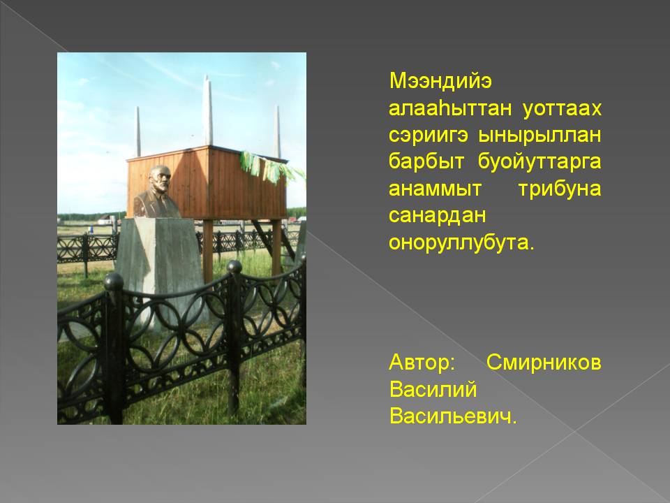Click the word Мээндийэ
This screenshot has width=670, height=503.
point(440,82)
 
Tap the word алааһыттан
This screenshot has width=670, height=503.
point(450,109)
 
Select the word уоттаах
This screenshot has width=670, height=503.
point(562,109)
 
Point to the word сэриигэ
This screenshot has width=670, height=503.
point(428,136)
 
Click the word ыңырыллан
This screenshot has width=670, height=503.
point(539,136)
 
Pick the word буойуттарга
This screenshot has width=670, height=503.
point(539,161)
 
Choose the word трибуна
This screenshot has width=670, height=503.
point(560,189)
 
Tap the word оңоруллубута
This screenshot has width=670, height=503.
point(461,242)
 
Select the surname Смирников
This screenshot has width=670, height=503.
point(544,363)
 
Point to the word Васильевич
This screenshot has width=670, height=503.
point(453,416)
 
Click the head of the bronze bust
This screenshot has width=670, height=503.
point(161,179)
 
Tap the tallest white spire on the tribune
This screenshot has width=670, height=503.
point(208,110)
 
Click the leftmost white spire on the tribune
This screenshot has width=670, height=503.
point(138,131)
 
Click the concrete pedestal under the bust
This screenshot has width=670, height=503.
point(161,265)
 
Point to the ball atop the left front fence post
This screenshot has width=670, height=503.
point(114,282)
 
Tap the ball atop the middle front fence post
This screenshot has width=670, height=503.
point(234,266)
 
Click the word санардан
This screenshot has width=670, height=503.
point(437,216)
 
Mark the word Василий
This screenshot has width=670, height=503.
point(433,389)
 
